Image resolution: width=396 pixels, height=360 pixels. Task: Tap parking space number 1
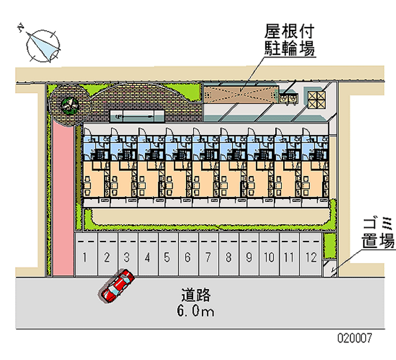click(x=86, y=257)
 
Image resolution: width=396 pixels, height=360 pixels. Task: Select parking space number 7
click(x=208, y=257)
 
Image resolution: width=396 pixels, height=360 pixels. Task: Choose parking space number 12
click(x=310, y=257)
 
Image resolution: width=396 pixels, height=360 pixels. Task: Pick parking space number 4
click(x=147, y=257)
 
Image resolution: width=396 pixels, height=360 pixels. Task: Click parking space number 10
click(x=269, y=257)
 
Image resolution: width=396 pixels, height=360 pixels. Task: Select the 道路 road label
click(x=196, y=296)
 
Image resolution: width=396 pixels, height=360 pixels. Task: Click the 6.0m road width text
click(x=196, y=311)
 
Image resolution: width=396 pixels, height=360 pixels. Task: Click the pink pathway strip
click(x=62, y=198)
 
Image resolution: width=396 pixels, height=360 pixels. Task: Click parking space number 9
click(x=249, y=257)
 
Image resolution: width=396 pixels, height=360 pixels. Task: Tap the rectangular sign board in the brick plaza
click(x=137, y=116)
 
